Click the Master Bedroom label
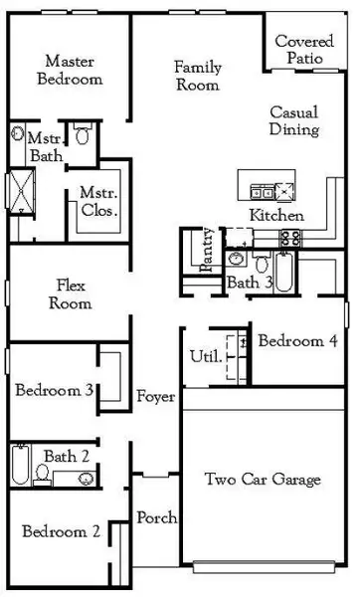tap(69, 70)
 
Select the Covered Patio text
tap(303, 50)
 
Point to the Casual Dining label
tap(293, 121)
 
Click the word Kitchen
tap(275, 216)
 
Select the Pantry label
tap(208, 250)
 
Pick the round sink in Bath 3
tap(237, 260)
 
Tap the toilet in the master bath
tap(85, 135)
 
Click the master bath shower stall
tap(19, 188)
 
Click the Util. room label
tap(202, 357)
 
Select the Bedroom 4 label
tap(296, 341)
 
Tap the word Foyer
tap(156, 397)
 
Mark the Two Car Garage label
tap(263, 481)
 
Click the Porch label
tap(157, 518)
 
